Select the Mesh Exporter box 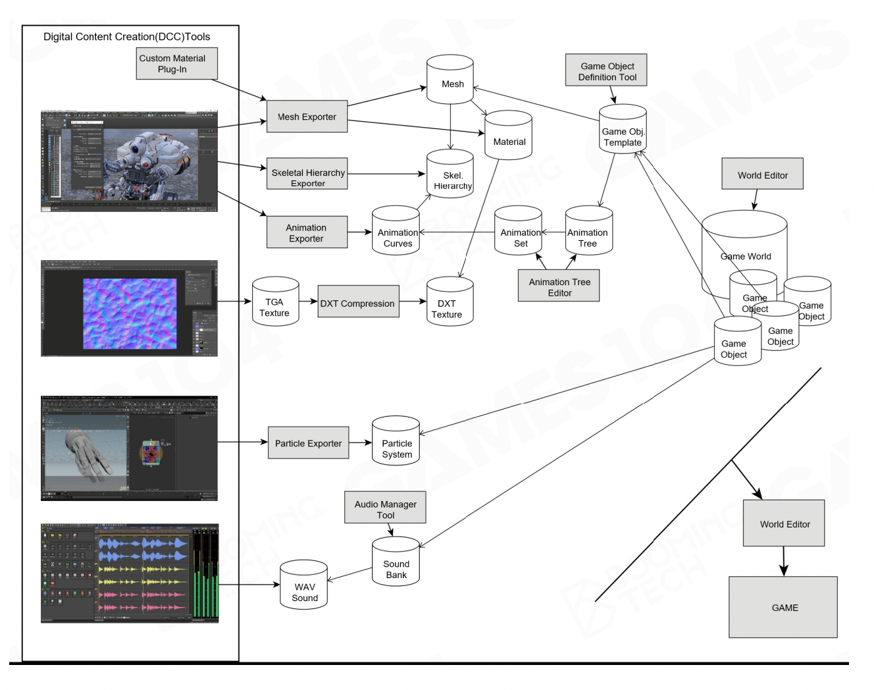click(x=307, y=117)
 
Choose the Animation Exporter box click(x=307, y=232)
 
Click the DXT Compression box click(x=358, y=302)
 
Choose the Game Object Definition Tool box click(x=606, y=70)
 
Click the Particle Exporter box click(x=308, y=442)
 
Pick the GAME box click(x=783, y=607)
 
